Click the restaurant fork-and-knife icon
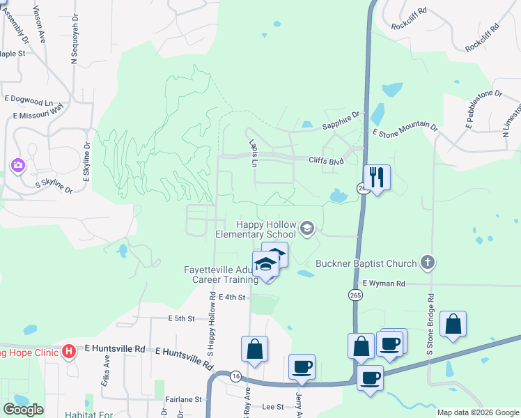pyautogui.click(x=377, y=178)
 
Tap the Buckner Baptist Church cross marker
pyautogui.click(x=428, y=263)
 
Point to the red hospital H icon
pyautogui.click(x=68, y=350)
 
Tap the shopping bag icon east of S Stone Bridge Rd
pyautogui.click(x=453, y=324)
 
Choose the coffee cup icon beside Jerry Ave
pyautogui.click(x=302, y=366)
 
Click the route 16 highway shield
pyautogui.click(x=236, y=374)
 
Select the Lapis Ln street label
pyautogui.click(x=255, y=153)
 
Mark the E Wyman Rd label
pyautogui.click(x=383, y=284)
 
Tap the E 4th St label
pyautogui.click(x=233, y=297)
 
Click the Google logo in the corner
pyautogui.click(x=23, y=410)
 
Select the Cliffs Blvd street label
pyautogui.click(x=327, y=160)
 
